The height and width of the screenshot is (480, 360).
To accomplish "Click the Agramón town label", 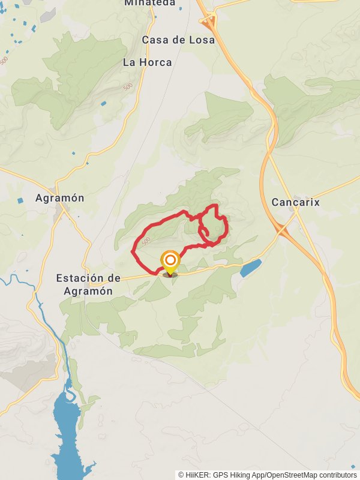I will (x=59, y=198).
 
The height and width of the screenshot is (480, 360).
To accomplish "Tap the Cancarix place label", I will (x=295, y=202).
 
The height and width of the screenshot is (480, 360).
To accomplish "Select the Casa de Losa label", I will (x=178, y=40).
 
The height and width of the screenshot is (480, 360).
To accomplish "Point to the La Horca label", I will (x=147, y=62).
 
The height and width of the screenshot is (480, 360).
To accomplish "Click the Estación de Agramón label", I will (x=88, y=284).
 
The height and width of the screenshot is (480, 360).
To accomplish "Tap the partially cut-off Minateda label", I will (x=150, y=3).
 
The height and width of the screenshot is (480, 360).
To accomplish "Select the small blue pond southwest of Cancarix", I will (x=251, y=268).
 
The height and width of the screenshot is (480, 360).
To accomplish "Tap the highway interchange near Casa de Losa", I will (x=208, y=22).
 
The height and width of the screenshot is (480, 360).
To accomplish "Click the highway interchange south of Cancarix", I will (x=282, y=229).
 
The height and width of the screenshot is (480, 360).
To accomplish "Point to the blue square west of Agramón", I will (x=21, y=200).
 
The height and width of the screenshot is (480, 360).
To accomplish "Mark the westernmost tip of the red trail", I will (x=132, y=250).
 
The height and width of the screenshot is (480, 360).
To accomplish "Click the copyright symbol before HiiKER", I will (x=181, y=475).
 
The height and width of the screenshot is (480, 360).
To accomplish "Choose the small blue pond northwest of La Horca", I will (x=103, y=104).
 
